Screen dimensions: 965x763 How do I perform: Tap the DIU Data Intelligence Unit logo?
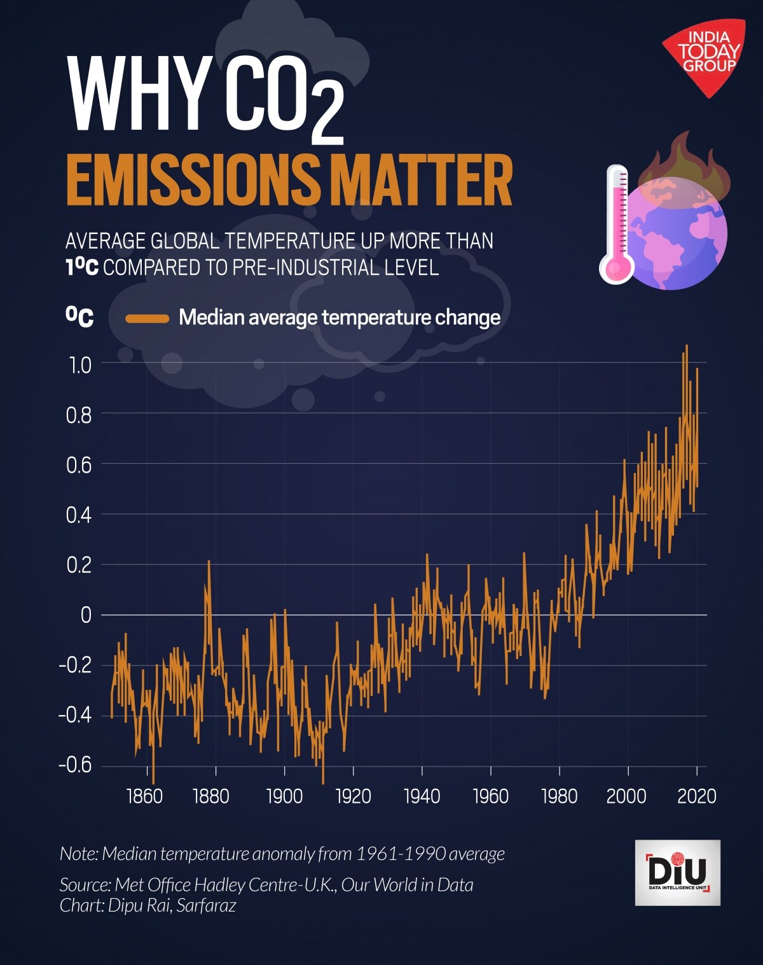677,872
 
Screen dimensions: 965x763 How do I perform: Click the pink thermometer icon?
617,224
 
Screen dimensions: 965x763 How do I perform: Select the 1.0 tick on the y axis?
79,365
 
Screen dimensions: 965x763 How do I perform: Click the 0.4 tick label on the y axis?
79,515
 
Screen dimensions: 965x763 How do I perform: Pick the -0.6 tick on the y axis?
75,765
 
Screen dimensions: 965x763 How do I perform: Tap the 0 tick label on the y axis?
86,615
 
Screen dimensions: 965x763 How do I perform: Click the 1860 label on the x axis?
145,796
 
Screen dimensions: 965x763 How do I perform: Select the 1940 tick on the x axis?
422,796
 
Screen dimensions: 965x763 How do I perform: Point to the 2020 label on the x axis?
697,796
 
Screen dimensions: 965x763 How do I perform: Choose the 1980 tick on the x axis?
560,796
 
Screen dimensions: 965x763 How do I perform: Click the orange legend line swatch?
148,318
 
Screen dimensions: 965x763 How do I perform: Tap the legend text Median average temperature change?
340,317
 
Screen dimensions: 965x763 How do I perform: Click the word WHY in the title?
138,94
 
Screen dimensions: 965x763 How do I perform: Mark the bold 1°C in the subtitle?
82,267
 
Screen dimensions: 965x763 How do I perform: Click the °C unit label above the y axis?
80,316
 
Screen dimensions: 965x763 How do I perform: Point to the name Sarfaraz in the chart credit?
206,905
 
